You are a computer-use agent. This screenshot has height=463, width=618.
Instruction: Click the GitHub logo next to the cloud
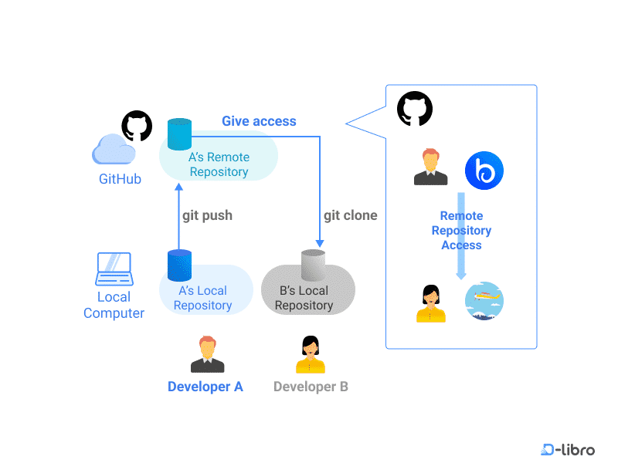pyautogui.click(x=137, y=126)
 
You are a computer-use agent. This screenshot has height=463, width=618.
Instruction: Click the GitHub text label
pyautogui.click(x=120, y=180)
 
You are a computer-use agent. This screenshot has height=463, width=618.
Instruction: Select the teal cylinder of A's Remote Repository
pyautogui.click(x=179, y=134)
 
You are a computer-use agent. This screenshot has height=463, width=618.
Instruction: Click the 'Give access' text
pyautogui.click(x=259, y=121)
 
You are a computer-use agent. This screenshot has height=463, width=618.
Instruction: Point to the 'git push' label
pyautogui.click(x=207, y=215)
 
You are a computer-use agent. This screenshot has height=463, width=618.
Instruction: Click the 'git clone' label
pyautogui.click(x=350, y=215)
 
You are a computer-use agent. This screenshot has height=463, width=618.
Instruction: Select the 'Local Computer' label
pyautogui.click(x=114, y=305)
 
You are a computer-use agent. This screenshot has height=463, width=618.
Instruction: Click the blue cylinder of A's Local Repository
pyautogui.click(x=179, y=265)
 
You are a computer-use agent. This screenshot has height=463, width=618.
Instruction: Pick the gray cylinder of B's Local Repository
pyautogui.click(x=313, y=265)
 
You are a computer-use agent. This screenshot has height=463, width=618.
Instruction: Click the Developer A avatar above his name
pyautogui.click(x=207, y=355)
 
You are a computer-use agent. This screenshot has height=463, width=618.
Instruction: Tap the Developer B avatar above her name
pyautogui.click(x=311, y=355)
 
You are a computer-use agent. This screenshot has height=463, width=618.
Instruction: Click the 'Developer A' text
pyautogui.click(x=205, y=387)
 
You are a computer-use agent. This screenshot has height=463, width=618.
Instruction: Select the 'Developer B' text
pyautogui.click(x=311, y=387)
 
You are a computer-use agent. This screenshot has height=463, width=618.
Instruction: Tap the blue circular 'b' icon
pyautogui.click(x=484, y=171)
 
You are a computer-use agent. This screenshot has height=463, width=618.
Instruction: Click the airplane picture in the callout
pyautogui.click(x=484, y=301)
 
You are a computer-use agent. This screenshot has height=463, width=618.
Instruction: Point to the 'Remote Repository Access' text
pyautogui.click(x=461, y=231)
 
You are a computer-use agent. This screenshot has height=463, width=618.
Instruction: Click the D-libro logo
pyautogui.click(x=568, y=449)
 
